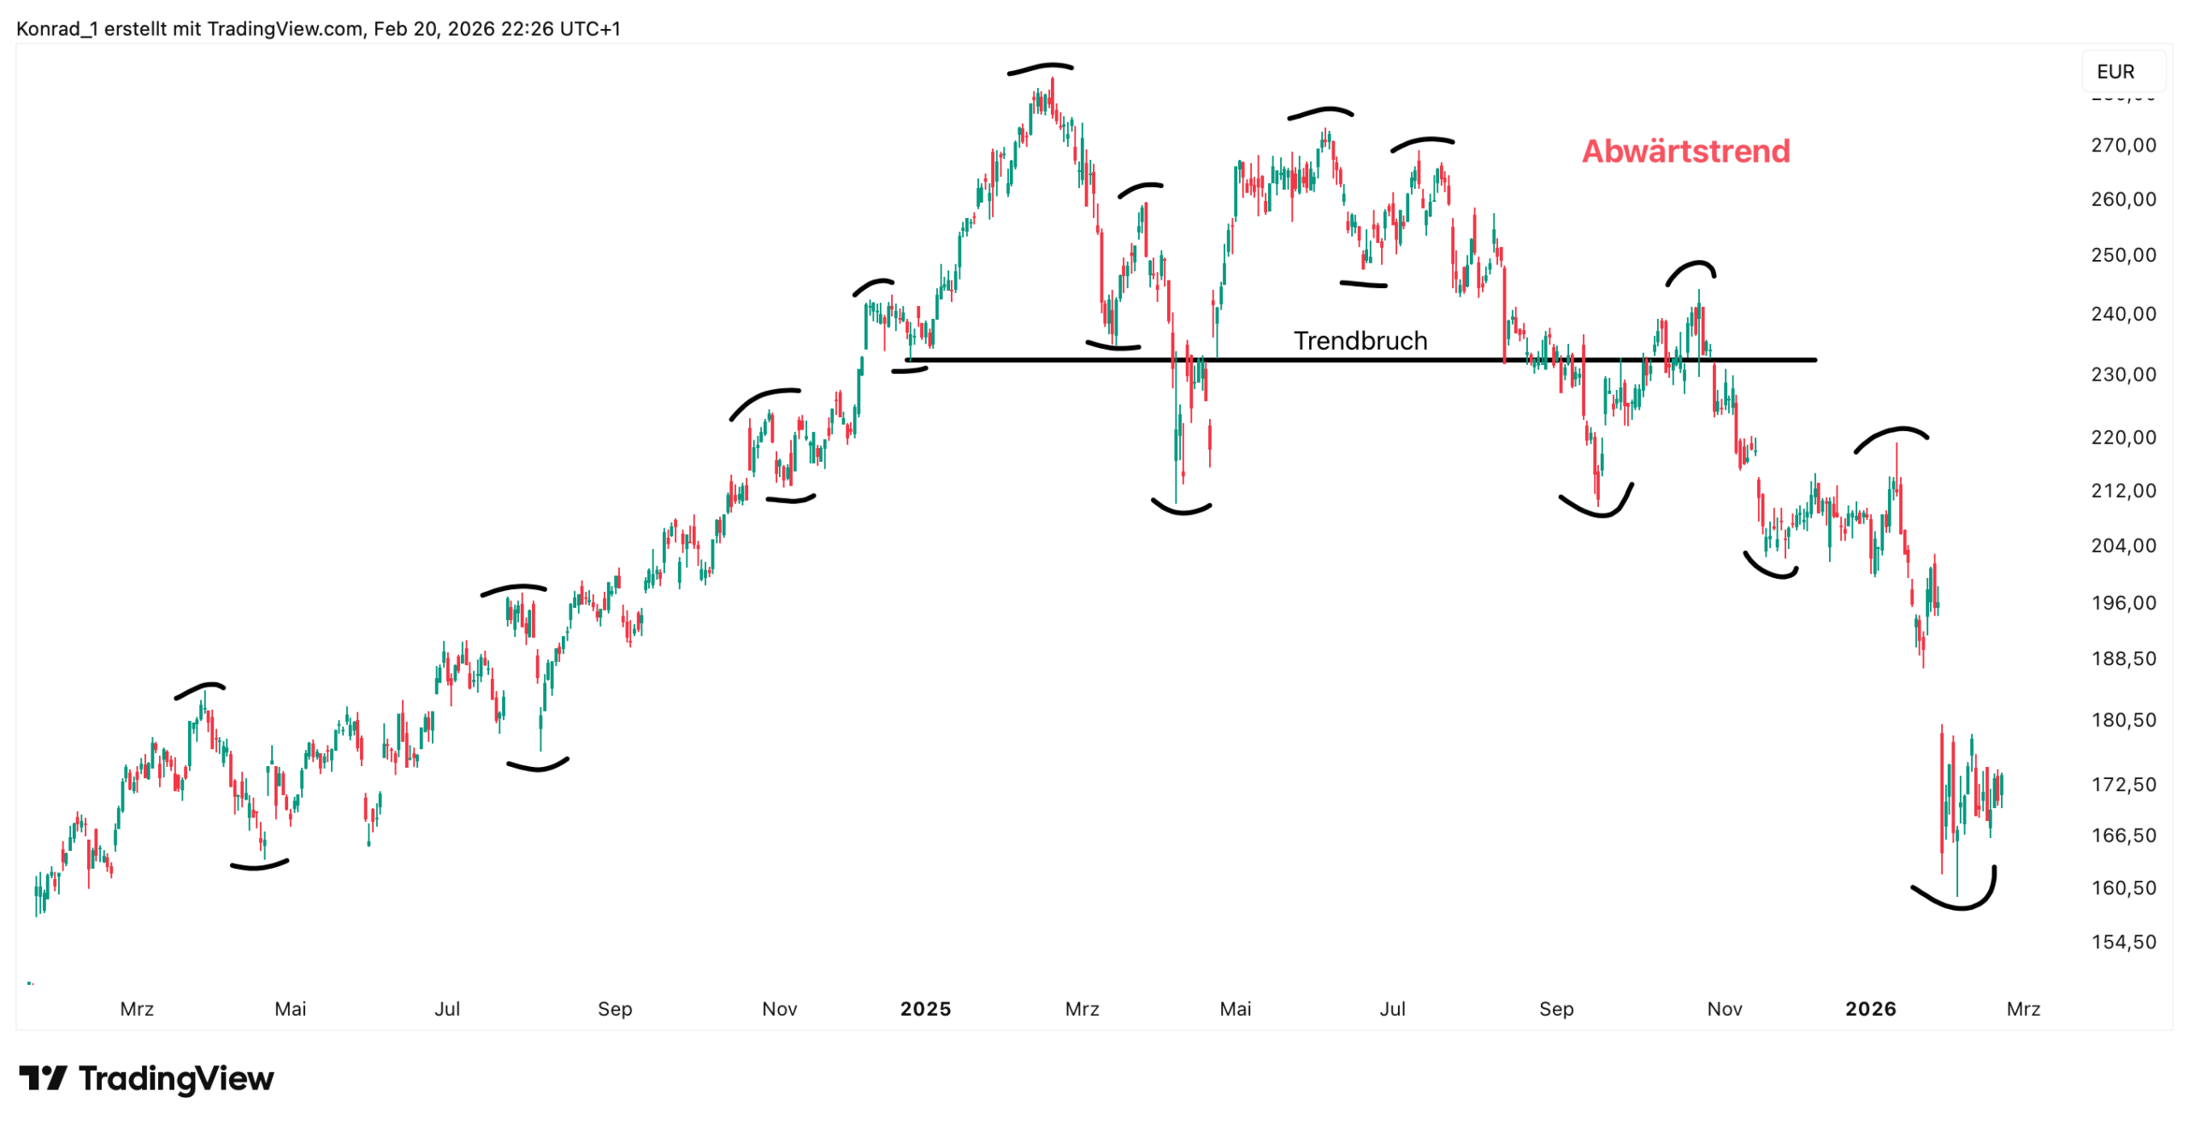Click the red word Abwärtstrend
tap(1685, 151)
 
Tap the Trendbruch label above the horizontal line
tap(1360, 340)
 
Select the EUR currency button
tap(2115, 72)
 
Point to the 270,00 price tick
tap(2122, 145)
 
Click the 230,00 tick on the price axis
tap(2122, 375)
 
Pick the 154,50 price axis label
tap(2122, 941)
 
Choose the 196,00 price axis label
tap(2122, 603)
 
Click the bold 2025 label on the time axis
tap(925, 1009)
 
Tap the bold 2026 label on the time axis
tap(1870, 1009)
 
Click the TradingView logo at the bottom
tap(146, 1078)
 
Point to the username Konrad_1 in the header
tap(57, 29)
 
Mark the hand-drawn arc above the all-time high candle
tap(1040, 68)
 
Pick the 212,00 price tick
tap(2122, 491)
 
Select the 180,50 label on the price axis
tap(2122, 720)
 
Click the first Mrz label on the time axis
tap(137, 1009)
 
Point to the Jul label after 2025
tap(1392, 1009)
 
